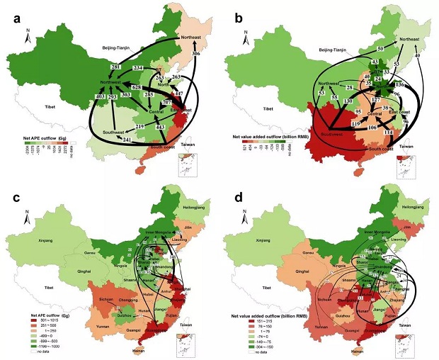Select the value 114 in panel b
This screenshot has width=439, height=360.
tap(389, 133)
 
